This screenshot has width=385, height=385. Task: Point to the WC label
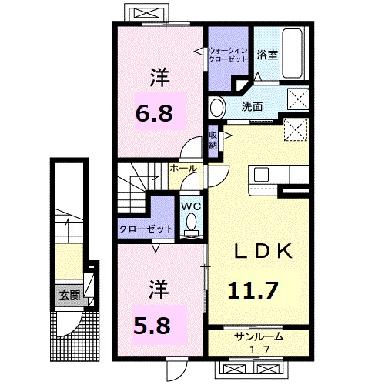[191, 206]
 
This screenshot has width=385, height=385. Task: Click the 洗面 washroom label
[252, 105]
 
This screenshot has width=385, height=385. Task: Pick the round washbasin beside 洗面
[217, 106]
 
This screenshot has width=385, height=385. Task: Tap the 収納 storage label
[213, 140]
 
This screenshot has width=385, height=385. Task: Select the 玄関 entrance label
[69, 294]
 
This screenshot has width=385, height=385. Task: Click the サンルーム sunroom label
[258, 336]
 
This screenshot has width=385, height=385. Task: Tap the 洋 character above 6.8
[159, 77]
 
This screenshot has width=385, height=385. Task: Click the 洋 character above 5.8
[158, 289]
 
